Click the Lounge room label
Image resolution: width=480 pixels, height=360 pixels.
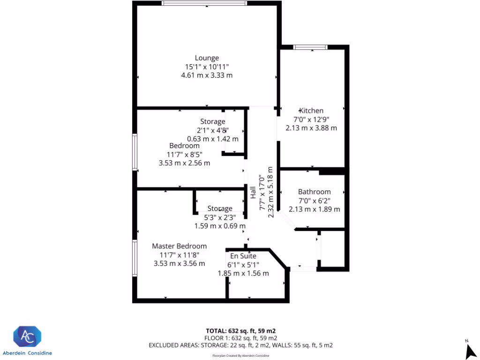(207, 58)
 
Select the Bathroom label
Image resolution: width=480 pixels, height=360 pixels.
(314, 192)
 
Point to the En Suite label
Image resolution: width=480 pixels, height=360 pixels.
(243, 256)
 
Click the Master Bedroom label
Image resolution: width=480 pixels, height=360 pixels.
(179, 246)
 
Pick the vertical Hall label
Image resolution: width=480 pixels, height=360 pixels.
(253, 193)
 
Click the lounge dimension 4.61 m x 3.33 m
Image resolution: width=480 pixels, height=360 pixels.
(207, 75)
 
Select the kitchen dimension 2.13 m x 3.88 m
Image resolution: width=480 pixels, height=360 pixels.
(311, 128)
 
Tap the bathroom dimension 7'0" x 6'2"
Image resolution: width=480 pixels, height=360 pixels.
(314, 201)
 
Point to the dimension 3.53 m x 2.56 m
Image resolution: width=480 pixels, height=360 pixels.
(184, 163)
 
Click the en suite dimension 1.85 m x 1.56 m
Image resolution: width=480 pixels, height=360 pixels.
(243, 273)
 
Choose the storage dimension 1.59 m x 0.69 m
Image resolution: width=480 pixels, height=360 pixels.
(219, 226)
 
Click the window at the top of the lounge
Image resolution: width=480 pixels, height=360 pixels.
(204, 3)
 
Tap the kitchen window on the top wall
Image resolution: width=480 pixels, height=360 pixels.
(310, 47)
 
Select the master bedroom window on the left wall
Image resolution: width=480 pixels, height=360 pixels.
(135, 257)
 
